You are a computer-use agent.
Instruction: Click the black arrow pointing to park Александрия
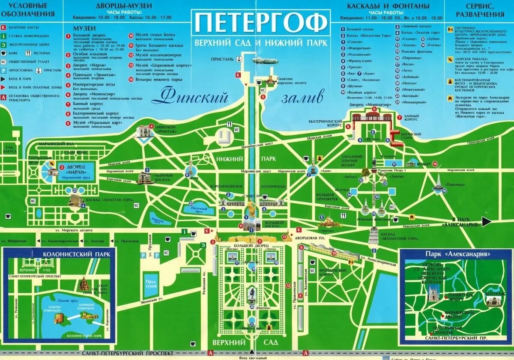pos(487,221)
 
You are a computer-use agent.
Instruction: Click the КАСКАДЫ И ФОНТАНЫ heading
pos(388,6)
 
